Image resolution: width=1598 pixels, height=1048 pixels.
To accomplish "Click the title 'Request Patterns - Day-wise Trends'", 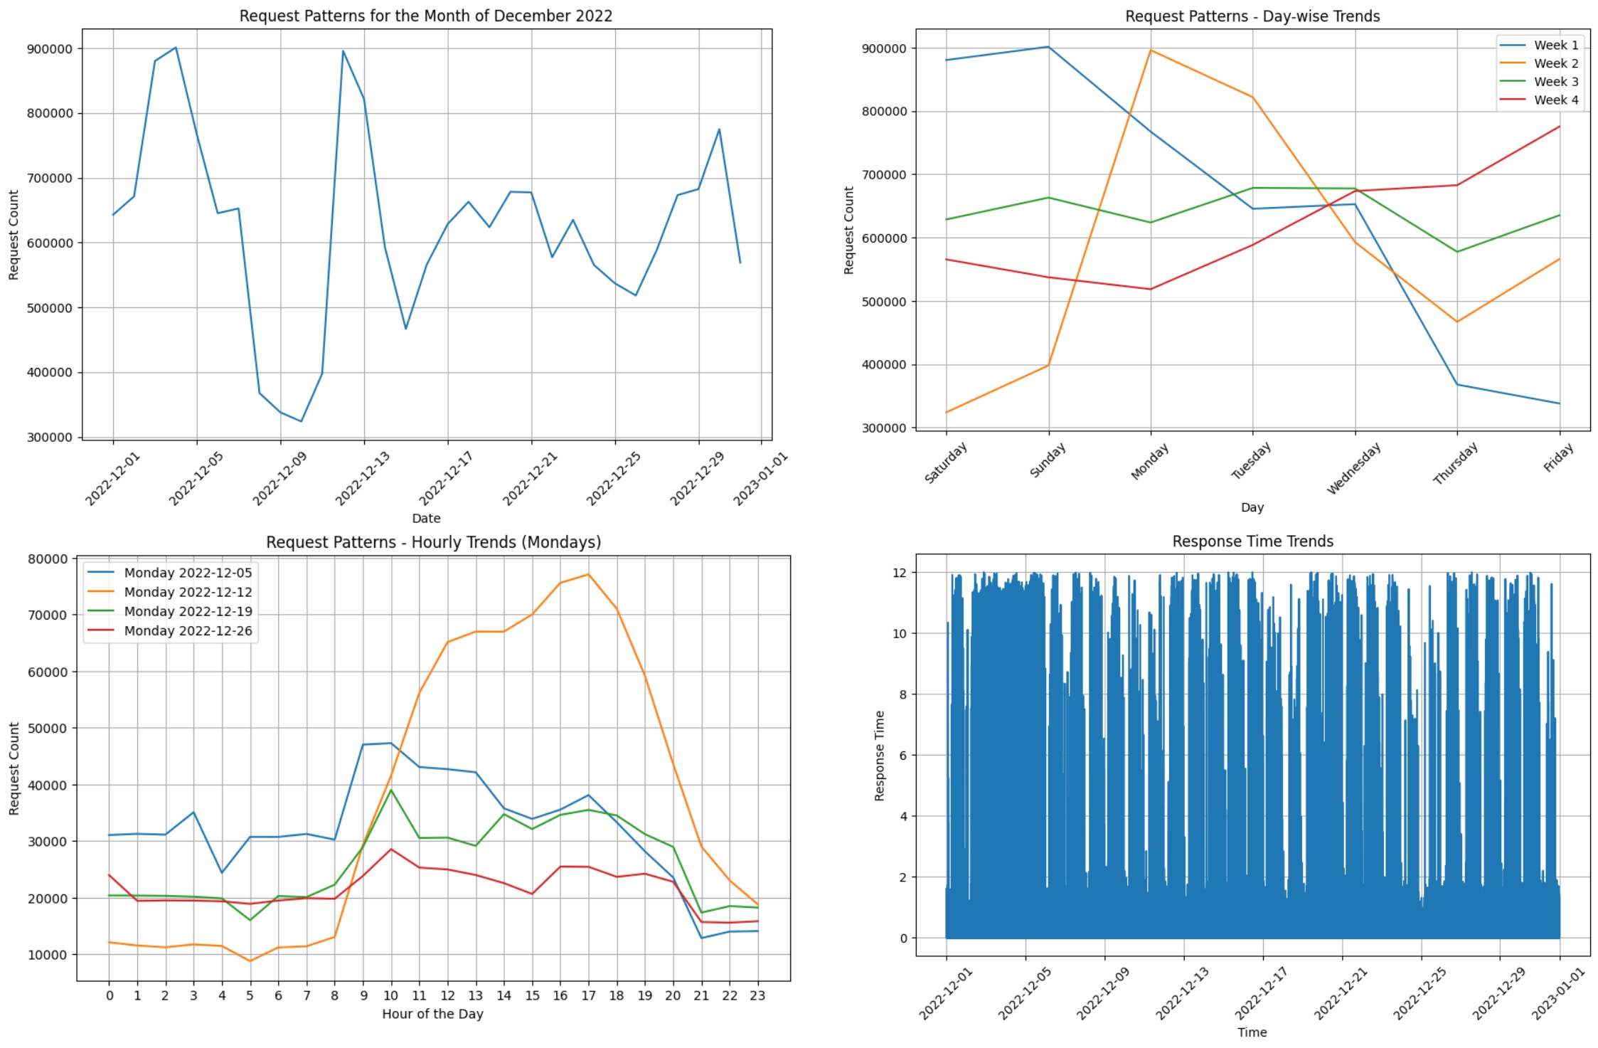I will [1252, 16].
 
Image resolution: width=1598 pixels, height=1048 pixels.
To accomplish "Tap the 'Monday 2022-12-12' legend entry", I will [188, 592].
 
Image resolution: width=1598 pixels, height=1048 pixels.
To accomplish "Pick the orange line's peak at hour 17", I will [588, 574].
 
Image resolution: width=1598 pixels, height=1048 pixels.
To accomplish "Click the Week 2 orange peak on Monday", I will [1151, 50].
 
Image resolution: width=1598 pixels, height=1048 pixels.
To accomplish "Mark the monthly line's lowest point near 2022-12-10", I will [302, 421].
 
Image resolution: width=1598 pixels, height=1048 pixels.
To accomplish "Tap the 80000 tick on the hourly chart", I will [48, 559].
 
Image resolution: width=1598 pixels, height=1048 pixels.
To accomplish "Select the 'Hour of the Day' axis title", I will [432, 1014].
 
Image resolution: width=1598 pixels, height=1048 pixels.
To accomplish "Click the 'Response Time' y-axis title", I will [880, 756].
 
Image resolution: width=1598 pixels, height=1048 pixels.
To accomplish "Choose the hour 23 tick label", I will [757, 995].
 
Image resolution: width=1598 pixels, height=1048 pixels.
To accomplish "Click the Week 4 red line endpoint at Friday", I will [1559, 127].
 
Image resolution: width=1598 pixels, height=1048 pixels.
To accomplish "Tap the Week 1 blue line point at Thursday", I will [1457, 385].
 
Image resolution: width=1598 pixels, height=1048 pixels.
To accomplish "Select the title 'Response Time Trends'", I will [1252, 541].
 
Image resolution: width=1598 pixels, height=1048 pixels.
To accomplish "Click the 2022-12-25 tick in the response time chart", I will [1419, 994].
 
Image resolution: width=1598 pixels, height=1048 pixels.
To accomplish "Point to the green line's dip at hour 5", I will [250, 920].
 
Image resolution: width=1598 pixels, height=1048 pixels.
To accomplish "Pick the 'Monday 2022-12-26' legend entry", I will [188, 631].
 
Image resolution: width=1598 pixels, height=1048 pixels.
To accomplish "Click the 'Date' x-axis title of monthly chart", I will [426, 519].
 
